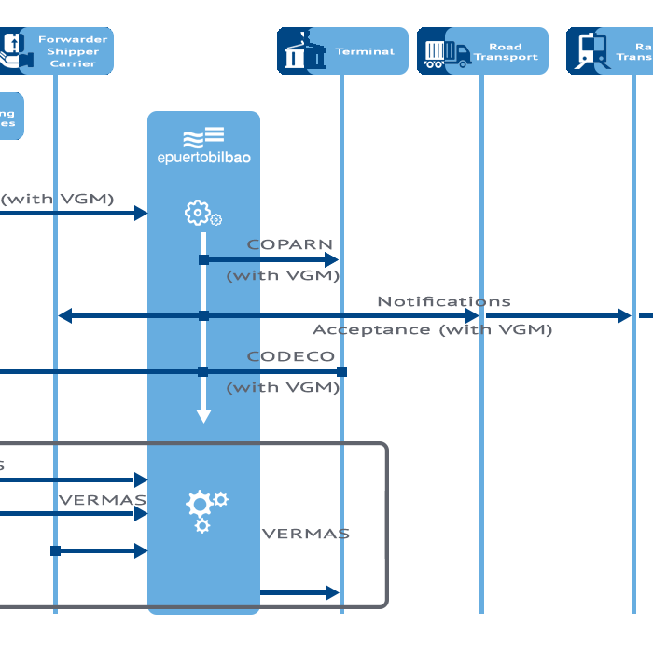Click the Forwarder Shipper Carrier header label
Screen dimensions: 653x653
(73, 51)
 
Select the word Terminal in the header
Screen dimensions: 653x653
(365, 52)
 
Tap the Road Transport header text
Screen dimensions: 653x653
(506, 51)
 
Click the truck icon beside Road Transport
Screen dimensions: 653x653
(447, 53)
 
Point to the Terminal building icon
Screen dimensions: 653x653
(299, 51)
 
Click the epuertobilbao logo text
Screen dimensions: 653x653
(203, 158)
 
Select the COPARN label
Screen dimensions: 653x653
(290, 244)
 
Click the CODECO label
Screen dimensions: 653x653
(290, 356)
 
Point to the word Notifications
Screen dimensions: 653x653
(443, 301)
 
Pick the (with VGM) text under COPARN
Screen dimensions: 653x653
(283, 275)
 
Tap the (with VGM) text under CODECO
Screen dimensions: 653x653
(283, 387)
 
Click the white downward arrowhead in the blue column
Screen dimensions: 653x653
(203, 416)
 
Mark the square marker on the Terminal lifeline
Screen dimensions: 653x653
(341, 371)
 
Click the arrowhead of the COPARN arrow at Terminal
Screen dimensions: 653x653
(330, 259)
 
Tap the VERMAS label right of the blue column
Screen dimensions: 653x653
(305, 534)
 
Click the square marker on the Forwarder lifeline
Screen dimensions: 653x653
(56, 550)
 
